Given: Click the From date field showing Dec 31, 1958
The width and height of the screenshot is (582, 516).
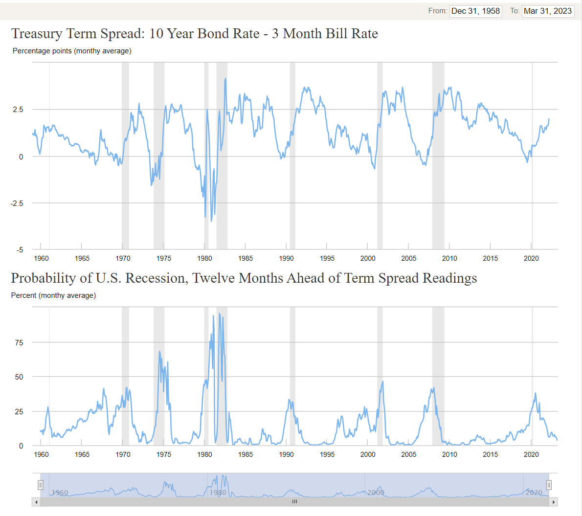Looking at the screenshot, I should pyautogui.click(x=475, y=11).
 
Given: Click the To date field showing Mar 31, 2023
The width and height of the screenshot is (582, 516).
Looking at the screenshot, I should pyautogui.click(x=548, y=11).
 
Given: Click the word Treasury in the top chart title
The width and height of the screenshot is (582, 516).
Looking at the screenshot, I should pyautogui.click(x=37, y=34).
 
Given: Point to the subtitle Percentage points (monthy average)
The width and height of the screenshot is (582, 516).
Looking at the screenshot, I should pyautogui.click(x=72, y=51).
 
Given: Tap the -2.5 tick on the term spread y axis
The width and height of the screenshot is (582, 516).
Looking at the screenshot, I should pyautogui.click(x=17, y=203).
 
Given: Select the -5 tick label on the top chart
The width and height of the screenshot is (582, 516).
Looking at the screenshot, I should pyautogui.click(x=20, y=250).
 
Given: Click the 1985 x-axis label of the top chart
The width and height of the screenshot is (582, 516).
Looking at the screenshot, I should pyautogui.click(x=246, y=258).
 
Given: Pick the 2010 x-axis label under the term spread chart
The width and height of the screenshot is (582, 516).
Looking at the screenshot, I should pyautogui.click(x=449, y=258).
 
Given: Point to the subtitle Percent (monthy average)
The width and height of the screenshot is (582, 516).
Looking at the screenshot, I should pyautogui.click(x=53, y=295).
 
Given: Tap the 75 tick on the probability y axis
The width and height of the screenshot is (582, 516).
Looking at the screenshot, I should pyautogui.click(x=19, y=343).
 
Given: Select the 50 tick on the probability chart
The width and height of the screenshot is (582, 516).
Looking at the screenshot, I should pyautogui.click(x=19, y=377).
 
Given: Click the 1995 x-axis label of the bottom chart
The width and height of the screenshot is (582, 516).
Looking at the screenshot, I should pyautogui.click(x=327, y=454).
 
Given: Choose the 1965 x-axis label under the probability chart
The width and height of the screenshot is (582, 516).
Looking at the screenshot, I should pyautogui.click(x=82, y=454).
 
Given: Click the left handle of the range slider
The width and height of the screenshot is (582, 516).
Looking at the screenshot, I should pyautogui.click(x=41, y=485).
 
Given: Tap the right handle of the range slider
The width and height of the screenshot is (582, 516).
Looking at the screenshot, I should pyautogui.click(x=549, y=485).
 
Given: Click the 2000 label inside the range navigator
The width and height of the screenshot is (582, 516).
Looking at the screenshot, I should pyautogui.click(x=376, y=493).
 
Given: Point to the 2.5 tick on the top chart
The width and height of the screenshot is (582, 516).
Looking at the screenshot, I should pyautogui.click(x=18, y=110).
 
